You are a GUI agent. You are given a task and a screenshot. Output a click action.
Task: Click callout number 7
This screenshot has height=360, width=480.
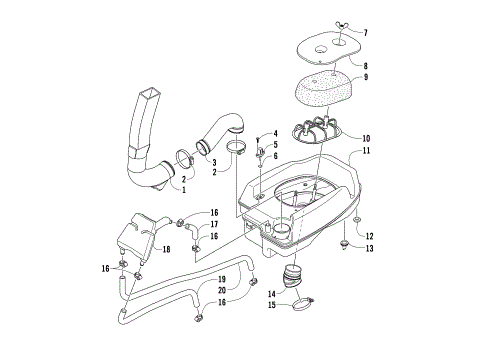pos(364,33)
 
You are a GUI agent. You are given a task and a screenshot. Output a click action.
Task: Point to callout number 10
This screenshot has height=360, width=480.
pos(366,138)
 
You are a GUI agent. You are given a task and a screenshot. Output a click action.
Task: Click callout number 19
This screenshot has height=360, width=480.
pos(222,278)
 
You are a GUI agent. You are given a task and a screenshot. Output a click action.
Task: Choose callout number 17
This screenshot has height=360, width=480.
pos(214,225)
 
